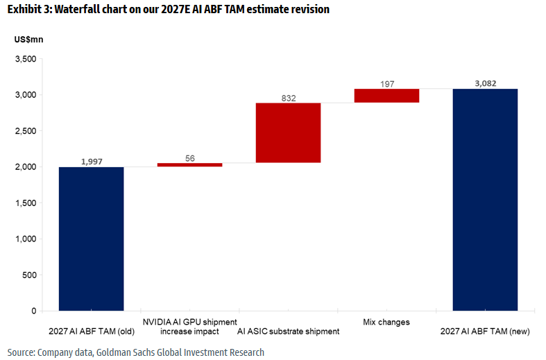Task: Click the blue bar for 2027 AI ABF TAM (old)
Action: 91,239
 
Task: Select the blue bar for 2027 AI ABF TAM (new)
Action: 485,200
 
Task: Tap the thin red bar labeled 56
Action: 189,164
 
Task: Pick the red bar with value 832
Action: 288,132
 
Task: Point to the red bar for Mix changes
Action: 386,96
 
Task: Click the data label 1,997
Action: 91,161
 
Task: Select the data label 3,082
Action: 485,83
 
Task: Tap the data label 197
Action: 386,84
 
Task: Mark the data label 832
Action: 288,98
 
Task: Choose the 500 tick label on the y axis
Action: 29,275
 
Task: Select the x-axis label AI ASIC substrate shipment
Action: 288,332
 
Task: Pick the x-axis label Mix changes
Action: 386,322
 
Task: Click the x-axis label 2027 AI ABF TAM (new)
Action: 485,332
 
